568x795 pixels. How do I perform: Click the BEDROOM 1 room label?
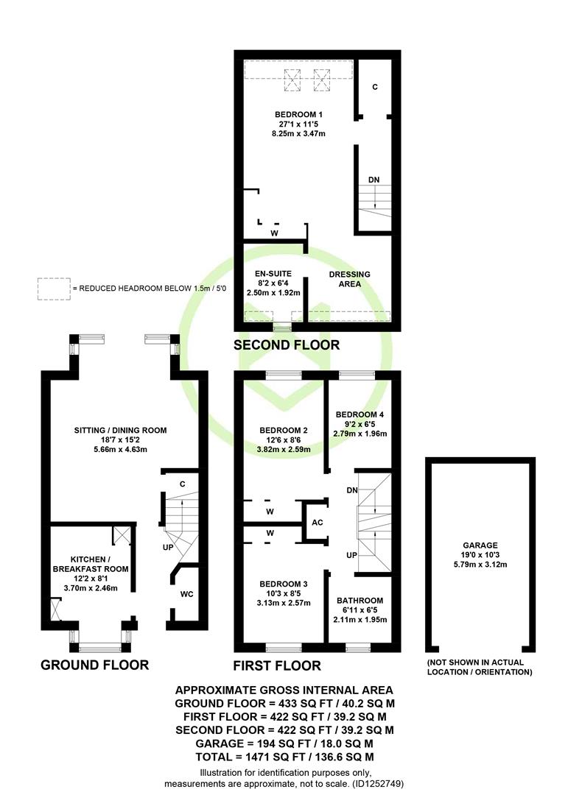tap(298, 115)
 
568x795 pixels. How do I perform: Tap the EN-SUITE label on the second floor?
tap(273, 274)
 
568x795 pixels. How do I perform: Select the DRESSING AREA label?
tap(350, 279)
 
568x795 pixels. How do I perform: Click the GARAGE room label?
tap(480, 545)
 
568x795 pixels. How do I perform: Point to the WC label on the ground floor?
tap(187, 594)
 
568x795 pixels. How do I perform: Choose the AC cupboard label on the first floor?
tap(318, 523)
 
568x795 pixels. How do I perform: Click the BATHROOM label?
tap(360, 601)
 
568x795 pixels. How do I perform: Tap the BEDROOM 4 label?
tap(360, 414)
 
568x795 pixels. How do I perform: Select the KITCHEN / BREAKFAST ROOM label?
tap(91, 565)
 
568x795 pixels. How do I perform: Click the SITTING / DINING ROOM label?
tap(120, 431)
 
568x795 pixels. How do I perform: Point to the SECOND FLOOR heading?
tap(287, 345)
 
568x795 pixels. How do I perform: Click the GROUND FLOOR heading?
tap(94, 665)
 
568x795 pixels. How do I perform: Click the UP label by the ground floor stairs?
tap(168, 548)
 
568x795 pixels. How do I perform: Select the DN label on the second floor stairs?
tap(374, 180)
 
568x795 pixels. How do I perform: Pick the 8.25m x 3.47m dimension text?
tap(298, 134)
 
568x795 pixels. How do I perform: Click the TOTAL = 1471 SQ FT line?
tap(285, 757)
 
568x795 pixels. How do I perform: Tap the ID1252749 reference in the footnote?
tap(377, 784)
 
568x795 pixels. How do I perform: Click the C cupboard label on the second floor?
tap(375, 87)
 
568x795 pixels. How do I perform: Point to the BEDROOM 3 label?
tap(283, 584)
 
